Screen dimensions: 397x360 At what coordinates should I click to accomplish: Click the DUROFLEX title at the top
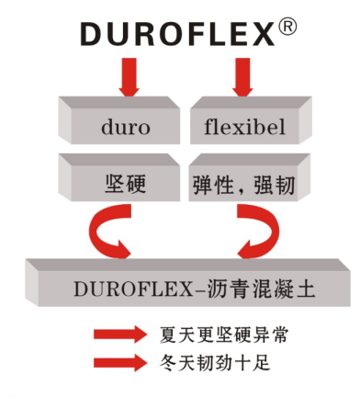[x=178, y=35]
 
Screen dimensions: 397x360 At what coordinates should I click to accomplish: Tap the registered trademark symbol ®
[x=287, y=28]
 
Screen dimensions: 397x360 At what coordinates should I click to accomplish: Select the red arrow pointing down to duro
[x=129, y=77]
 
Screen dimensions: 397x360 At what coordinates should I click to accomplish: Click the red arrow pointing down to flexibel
[x=242, y=77]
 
